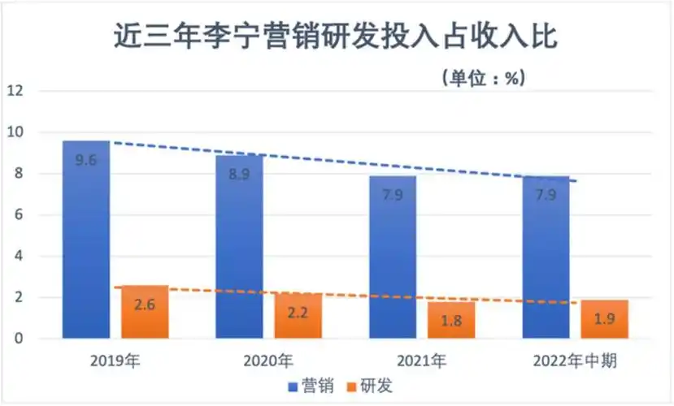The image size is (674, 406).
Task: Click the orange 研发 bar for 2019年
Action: tap(145, 312)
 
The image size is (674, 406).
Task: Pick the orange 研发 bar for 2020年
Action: tap(298, 316)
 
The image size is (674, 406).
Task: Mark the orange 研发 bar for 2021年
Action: tap(451, 320)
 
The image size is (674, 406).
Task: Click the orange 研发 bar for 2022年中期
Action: tap(604, 319)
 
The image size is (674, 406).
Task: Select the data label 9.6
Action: tap(86, 160)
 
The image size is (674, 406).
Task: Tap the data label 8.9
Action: tap(239, 175)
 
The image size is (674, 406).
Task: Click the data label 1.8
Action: tap(451, 321)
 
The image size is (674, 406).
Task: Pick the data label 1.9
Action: tap(604, 318)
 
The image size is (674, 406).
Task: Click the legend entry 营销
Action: tap(307, 387)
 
